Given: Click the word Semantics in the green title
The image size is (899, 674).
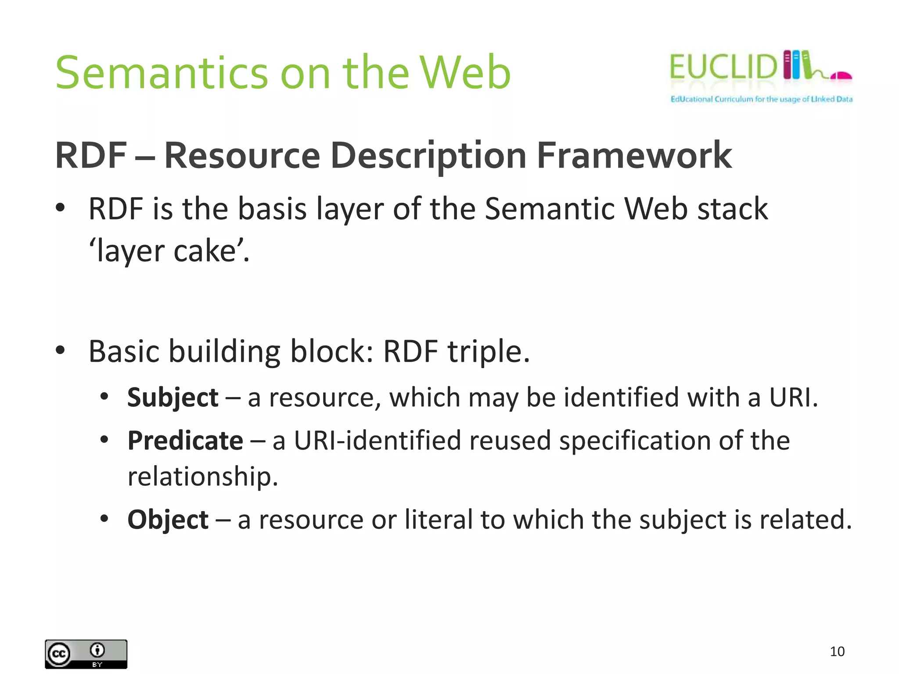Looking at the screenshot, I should (162, 72).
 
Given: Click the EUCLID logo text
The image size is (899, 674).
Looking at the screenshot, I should (723, 67).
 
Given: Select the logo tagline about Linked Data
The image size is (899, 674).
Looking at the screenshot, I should (761, 99).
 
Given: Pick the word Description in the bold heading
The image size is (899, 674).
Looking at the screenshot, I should (428, 156).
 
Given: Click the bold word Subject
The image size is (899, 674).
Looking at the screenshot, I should (173, 398).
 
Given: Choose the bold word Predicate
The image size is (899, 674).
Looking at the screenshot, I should (185, 441).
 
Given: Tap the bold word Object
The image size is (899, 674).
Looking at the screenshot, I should (168, 520).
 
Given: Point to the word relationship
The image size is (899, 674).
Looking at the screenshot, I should (202, 477).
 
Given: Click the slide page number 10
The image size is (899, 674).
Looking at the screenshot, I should (837, 651).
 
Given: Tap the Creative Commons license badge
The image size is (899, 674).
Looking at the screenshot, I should (86, 654).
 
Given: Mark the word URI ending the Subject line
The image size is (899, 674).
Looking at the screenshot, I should (789, 398).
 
